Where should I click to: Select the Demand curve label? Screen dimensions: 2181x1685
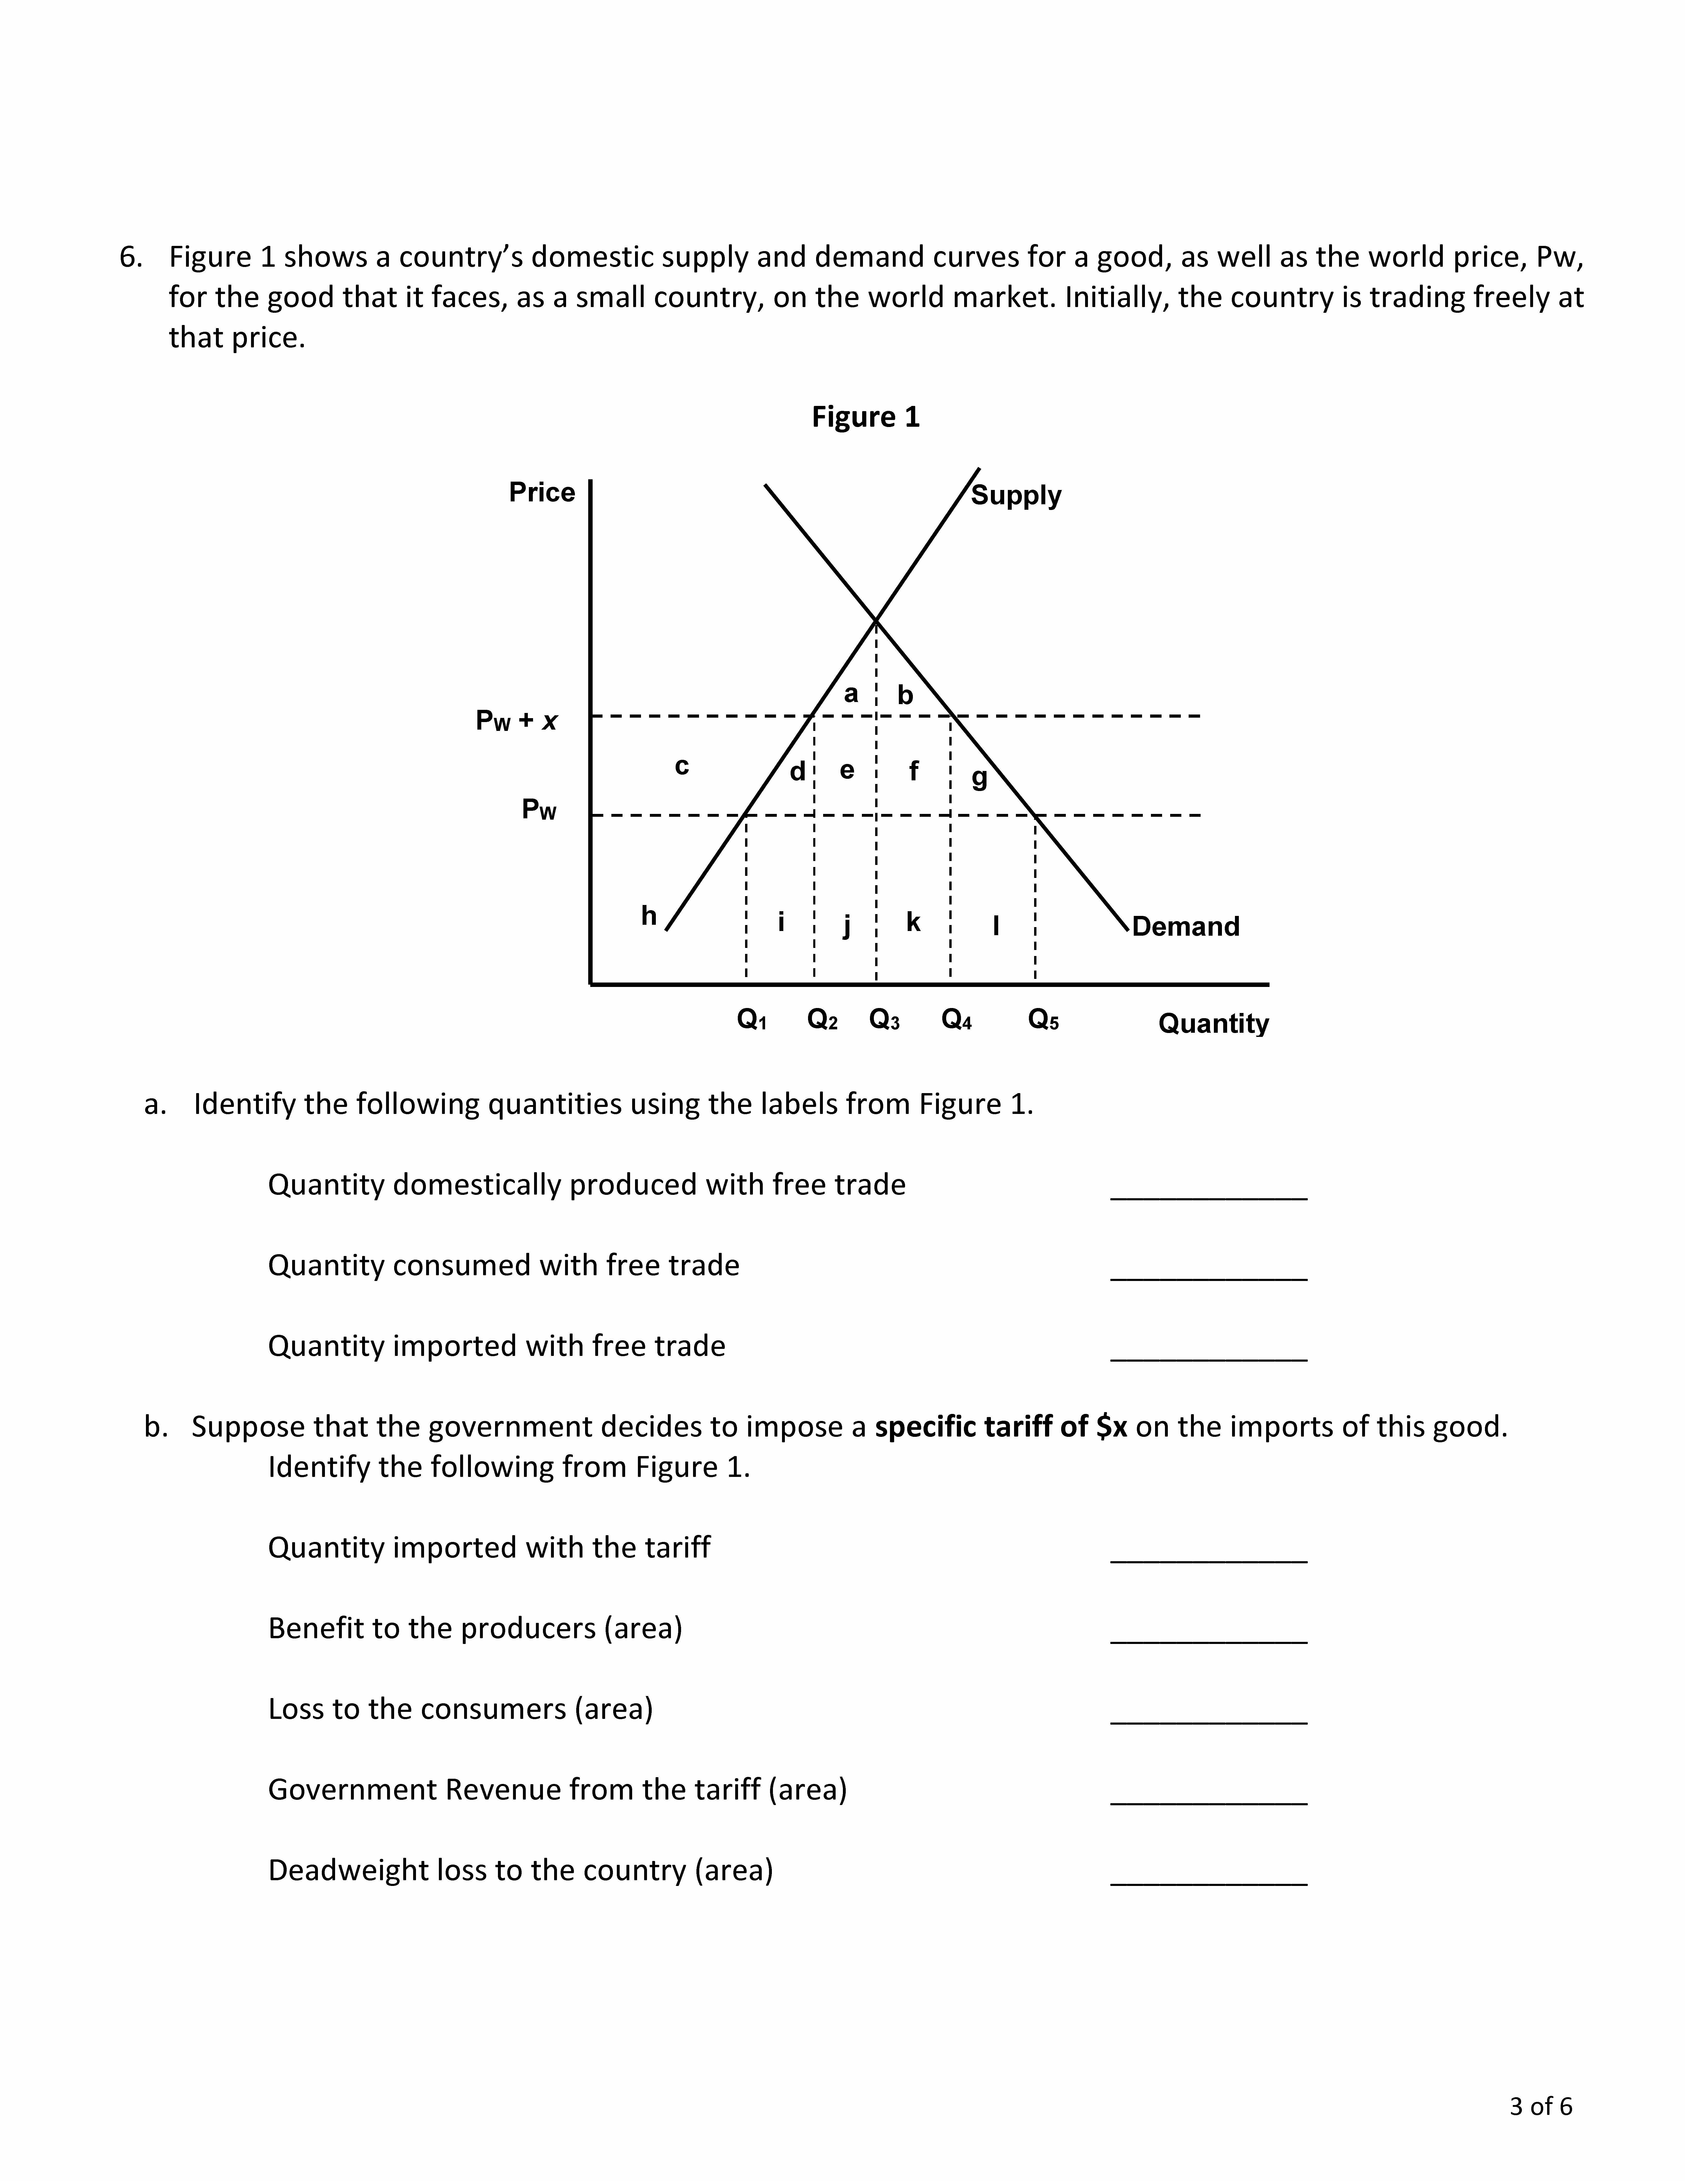click(1186, 927)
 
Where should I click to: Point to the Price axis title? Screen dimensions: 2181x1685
click(542, 492)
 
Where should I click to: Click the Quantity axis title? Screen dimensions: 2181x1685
click(1213, 1024)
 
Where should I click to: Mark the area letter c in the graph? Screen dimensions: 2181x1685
click(682, 766)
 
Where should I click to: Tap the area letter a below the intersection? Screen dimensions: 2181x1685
click(850, 693)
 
